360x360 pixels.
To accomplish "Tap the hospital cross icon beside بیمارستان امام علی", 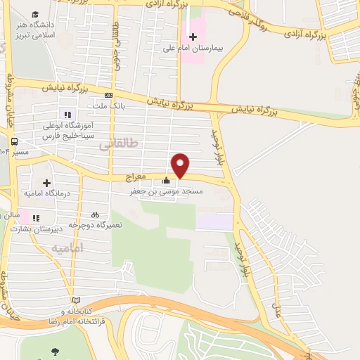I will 193,37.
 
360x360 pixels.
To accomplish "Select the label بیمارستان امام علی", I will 222,49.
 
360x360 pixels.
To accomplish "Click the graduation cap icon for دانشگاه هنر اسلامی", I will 34,15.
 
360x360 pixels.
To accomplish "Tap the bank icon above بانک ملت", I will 108,96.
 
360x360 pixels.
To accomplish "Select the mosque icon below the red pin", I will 167,180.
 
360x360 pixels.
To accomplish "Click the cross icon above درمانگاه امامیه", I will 47,182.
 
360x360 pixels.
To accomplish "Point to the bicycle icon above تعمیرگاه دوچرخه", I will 95,214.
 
